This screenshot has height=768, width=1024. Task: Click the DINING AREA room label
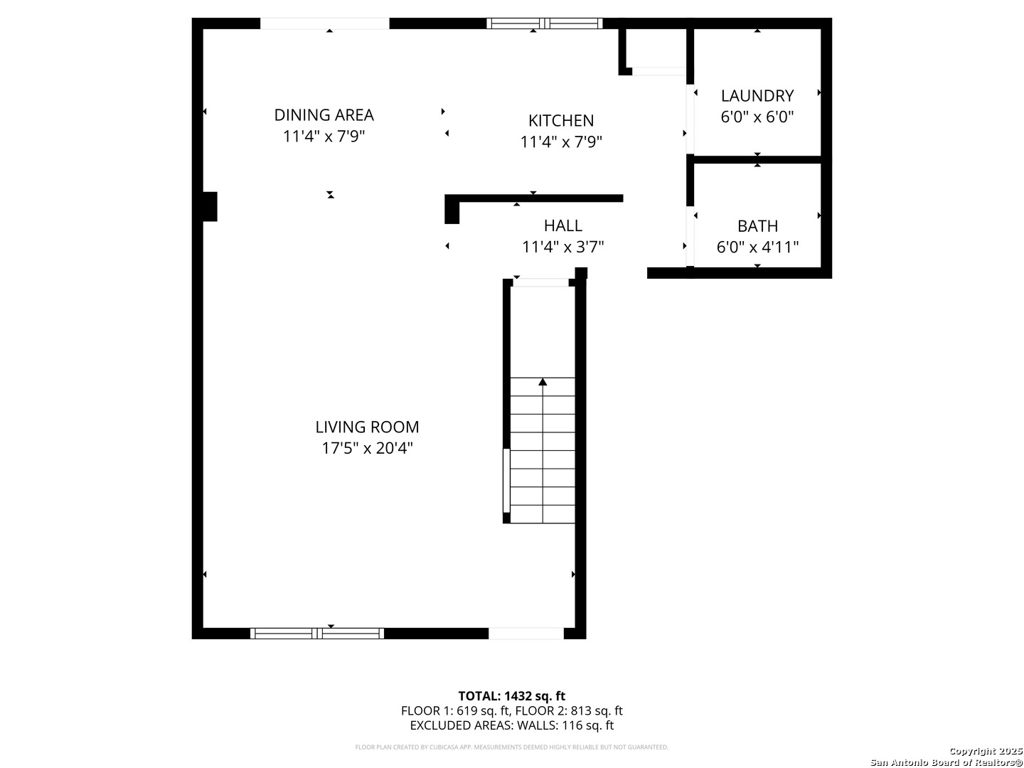(x=324, y=114)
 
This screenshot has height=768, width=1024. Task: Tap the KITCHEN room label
(x=561, y=120)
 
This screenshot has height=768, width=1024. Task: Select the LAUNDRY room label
(x=757, y=95)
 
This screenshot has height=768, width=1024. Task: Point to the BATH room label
(x=757, y=226)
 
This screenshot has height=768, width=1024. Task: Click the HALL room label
(x=563, y=225)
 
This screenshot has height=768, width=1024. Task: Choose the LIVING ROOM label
(x=367, y=427)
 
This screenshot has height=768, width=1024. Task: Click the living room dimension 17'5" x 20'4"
(x=367, y=448)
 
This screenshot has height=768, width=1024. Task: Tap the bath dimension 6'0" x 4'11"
(x=757, y=247)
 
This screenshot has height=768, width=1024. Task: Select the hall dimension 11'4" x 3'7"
(x=563, y=247)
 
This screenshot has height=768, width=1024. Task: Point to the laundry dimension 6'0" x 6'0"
(x=757, y=117)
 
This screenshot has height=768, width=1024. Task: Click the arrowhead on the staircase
(x=543, y=382)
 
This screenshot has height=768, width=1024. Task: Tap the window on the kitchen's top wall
(x=545, y=23)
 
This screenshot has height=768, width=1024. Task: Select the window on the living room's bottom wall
(x=317, y=633)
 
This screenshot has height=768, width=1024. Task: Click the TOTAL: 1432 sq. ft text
(x=511, y=696)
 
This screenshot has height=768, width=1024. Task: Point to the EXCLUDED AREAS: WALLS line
(x=511, y=725)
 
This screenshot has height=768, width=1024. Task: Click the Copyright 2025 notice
(x=986, y=751)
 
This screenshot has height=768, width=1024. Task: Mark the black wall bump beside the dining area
(x=210, y=206)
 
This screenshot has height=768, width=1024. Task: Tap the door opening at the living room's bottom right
(x=526, y=633)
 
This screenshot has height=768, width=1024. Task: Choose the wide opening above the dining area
(x=324, y=23)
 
